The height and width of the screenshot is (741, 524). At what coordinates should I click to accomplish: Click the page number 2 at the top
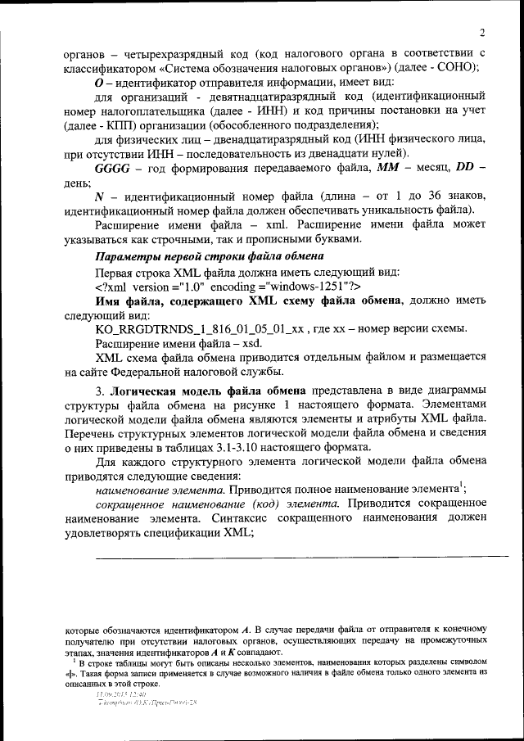(483, 33)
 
